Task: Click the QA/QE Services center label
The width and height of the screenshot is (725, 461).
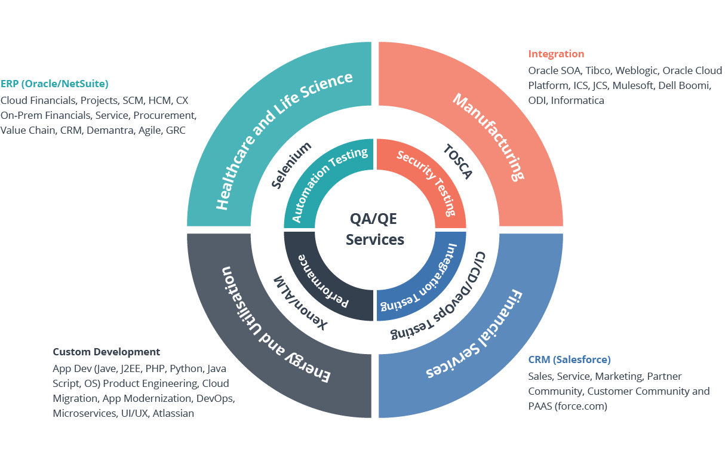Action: (375, 229)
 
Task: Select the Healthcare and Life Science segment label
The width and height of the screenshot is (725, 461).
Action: (283, 140)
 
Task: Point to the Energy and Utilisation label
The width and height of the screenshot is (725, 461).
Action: (275, 325)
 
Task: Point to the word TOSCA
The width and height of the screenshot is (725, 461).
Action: (458, 161)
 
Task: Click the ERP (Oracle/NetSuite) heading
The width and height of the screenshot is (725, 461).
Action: (54, 84)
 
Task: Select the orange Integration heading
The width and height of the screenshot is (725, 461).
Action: (556, 54)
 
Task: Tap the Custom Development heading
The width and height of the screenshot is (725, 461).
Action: (106, 352)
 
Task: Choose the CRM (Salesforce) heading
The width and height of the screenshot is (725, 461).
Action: (569, 359)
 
